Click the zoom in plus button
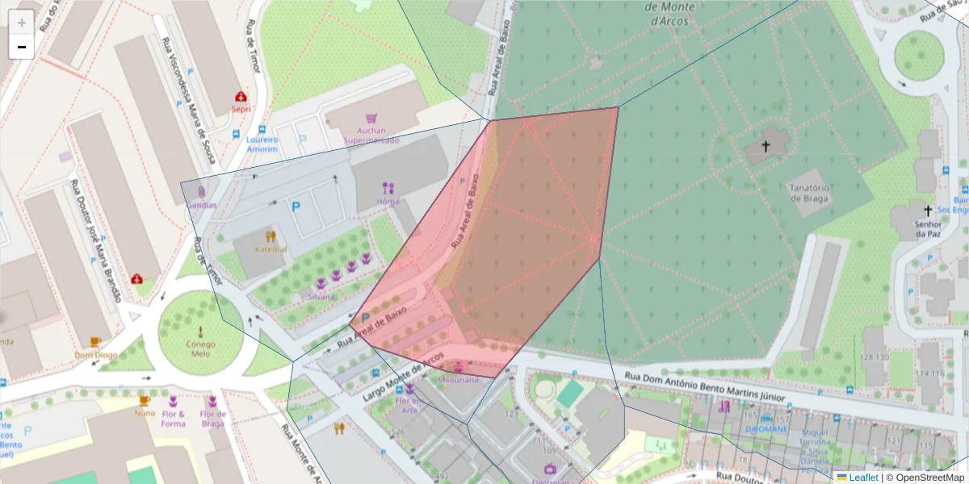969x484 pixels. [21, 22]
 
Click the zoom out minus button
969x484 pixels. [21, 47]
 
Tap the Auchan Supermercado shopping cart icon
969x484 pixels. [371, 118]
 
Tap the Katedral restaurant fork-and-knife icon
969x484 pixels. [271, 236]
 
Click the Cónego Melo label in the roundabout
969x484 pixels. [200, 348]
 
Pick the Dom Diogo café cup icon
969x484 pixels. [95, 342]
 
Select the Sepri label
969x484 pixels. [241, 109]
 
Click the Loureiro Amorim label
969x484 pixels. [262, 144]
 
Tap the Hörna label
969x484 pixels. [388, 201]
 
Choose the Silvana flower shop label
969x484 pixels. [321, 297]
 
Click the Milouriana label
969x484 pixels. [458, 379]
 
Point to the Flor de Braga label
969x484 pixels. [213, 419]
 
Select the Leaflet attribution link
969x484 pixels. [862, 478]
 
